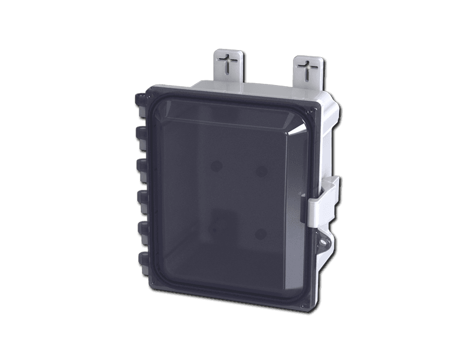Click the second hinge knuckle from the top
pyautogui.click(x=140, y=135)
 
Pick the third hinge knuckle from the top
pyautogui.click(x=140, y=167)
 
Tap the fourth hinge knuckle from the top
pyautogui.click(x=141, y=199)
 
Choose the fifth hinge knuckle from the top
pyautogui.click(x=142, y=228)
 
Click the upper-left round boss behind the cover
pyautogui.click(x=217, y=165)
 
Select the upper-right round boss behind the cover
pyautogui.click(x=262, y=170)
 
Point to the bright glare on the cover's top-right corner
pyautogui.click(x=306, y=123)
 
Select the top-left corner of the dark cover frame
pyautogui.click(x=149, y=89)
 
